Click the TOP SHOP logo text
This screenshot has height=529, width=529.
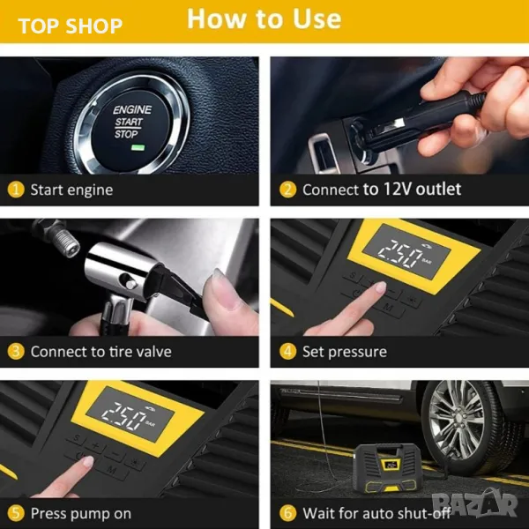click(71, 26)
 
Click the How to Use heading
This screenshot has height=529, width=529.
click(264, 19)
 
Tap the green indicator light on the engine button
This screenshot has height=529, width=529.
click(138, 147)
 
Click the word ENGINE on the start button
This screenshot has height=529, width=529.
click(132, 109)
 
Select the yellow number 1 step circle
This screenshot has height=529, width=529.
click(16, 190)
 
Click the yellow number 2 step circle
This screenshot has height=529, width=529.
click(287, 190)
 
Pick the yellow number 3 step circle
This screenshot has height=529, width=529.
click(16, 352)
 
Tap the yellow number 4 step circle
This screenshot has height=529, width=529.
click(287, 352)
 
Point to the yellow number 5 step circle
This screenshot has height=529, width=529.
click(16, 513)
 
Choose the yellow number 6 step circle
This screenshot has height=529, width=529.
click(287, 513)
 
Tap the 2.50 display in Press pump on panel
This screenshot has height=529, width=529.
click(124, 415)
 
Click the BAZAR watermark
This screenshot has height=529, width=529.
click(475, 503)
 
